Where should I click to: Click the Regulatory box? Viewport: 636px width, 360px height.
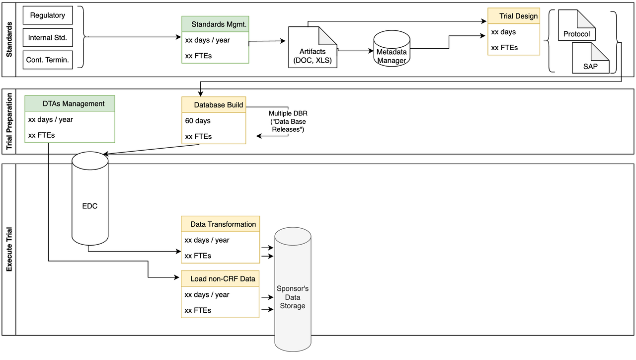click(x=48, y=15)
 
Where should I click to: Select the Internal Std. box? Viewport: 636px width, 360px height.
click(x=48, y=38)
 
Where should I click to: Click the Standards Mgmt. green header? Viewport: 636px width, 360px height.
click(x=215, y=24)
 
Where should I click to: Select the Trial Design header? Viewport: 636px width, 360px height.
click(x=513, y=16)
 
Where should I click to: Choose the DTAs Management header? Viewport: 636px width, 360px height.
click(x=70, y=103)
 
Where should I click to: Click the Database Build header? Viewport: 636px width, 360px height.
click(x=214, y=105)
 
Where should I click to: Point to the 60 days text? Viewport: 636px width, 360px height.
click(x=198, y=121)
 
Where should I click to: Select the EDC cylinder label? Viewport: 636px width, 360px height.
click(x=90, y=206)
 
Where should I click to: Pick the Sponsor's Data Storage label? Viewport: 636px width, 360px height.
click(x=293, y=297)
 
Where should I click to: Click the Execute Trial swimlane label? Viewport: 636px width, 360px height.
click(x=9, y=249)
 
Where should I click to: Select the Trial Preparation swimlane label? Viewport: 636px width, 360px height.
click(x=9, y=121)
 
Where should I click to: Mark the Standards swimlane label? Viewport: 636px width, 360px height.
click(x=9, y=39)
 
